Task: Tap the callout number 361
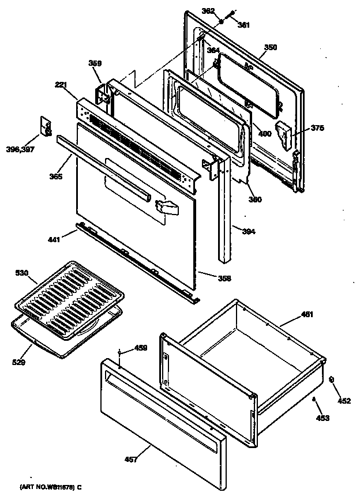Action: click(x=243, y=24)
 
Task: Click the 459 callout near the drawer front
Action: click(x=141, y=348)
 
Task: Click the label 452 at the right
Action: click(x=344, y=401)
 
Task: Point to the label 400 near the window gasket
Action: click(x=264, y=134)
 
